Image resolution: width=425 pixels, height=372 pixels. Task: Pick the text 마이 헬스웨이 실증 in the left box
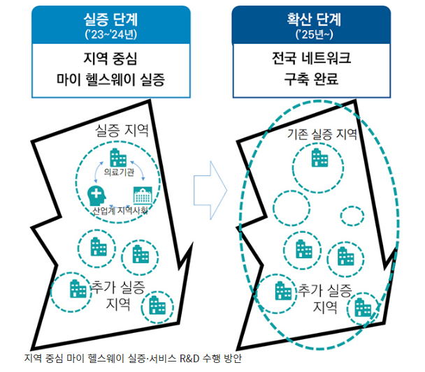click(110, 80)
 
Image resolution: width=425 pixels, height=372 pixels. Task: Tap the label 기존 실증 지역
click(322, 135)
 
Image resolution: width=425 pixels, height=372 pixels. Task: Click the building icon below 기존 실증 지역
click(319, 160)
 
